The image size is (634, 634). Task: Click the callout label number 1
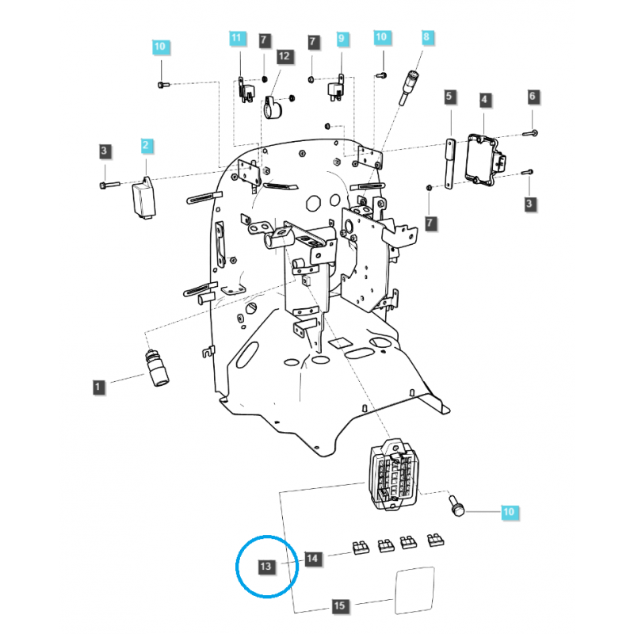98,387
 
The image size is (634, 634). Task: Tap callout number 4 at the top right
484,100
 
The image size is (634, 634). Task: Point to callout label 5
449,97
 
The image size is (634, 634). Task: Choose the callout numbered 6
533,97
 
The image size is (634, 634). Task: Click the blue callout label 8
426,37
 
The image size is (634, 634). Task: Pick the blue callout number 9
342,38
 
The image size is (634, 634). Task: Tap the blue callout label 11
235,38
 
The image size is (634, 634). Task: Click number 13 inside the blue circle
266,566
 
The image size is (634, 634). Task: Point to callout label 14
312,560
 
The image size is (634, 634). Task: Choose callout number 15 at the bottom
339,606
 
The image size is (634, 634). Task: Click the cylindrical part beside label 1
156,369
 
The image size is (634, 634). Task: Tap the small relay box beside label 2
144,197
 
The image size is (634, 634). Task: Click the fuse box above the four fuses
392,474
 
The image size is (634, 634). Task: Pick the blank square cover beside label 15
415,588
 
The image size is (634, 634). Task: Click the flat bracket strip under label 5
449,162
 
